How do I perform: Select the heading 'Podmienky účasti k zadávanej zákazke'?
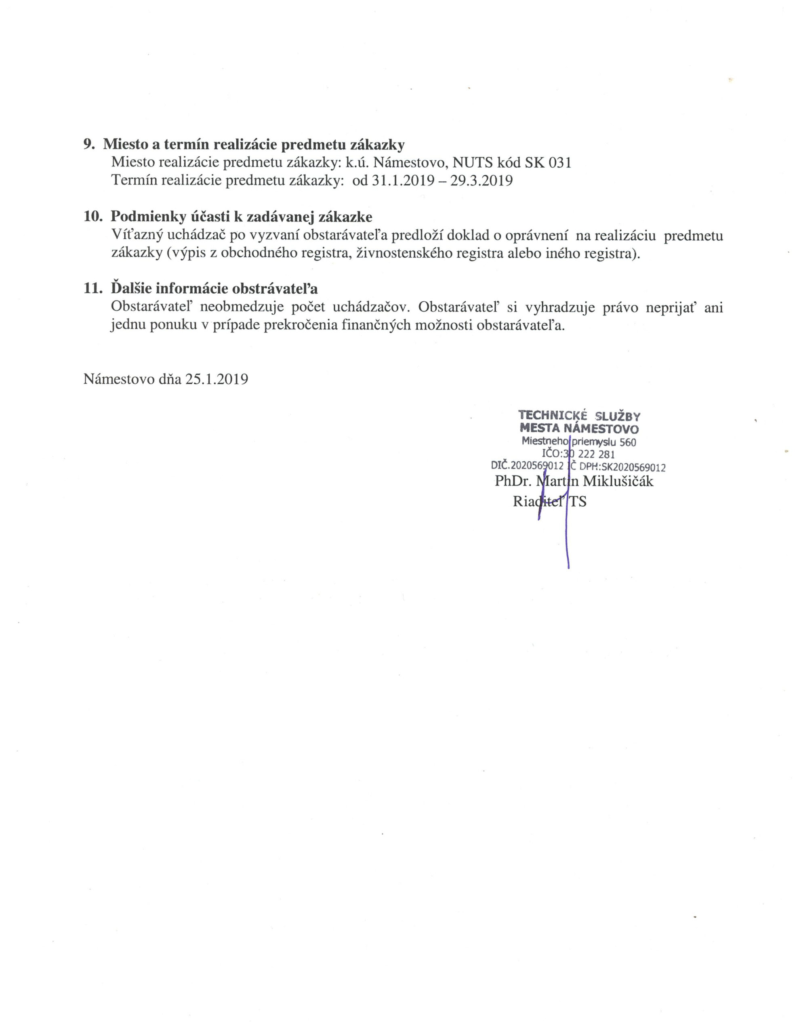241,217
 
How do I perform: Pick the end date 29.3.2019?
481,181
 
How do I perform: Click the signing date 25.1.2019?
217,379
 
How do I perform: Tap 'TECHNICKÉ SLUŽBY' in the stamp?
579,416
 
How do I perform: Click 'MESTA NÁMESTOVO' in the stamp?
579,429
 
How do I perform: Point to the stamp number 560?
628,442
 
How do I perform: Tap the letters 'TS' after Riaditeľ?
577,501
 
